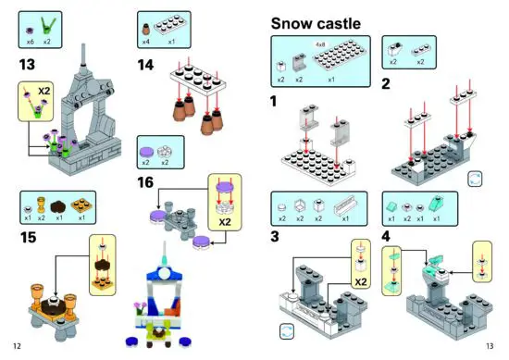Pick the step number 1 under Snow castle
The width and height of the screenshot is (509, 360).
pyautogui.click(x=274, y=100)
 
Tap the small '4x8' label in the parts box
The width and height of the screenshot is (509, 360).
pyautogui.click(x=320, y=43)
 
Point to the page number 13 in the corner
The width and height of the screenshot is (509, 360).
pyautogui.click(x=490, y=345)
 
